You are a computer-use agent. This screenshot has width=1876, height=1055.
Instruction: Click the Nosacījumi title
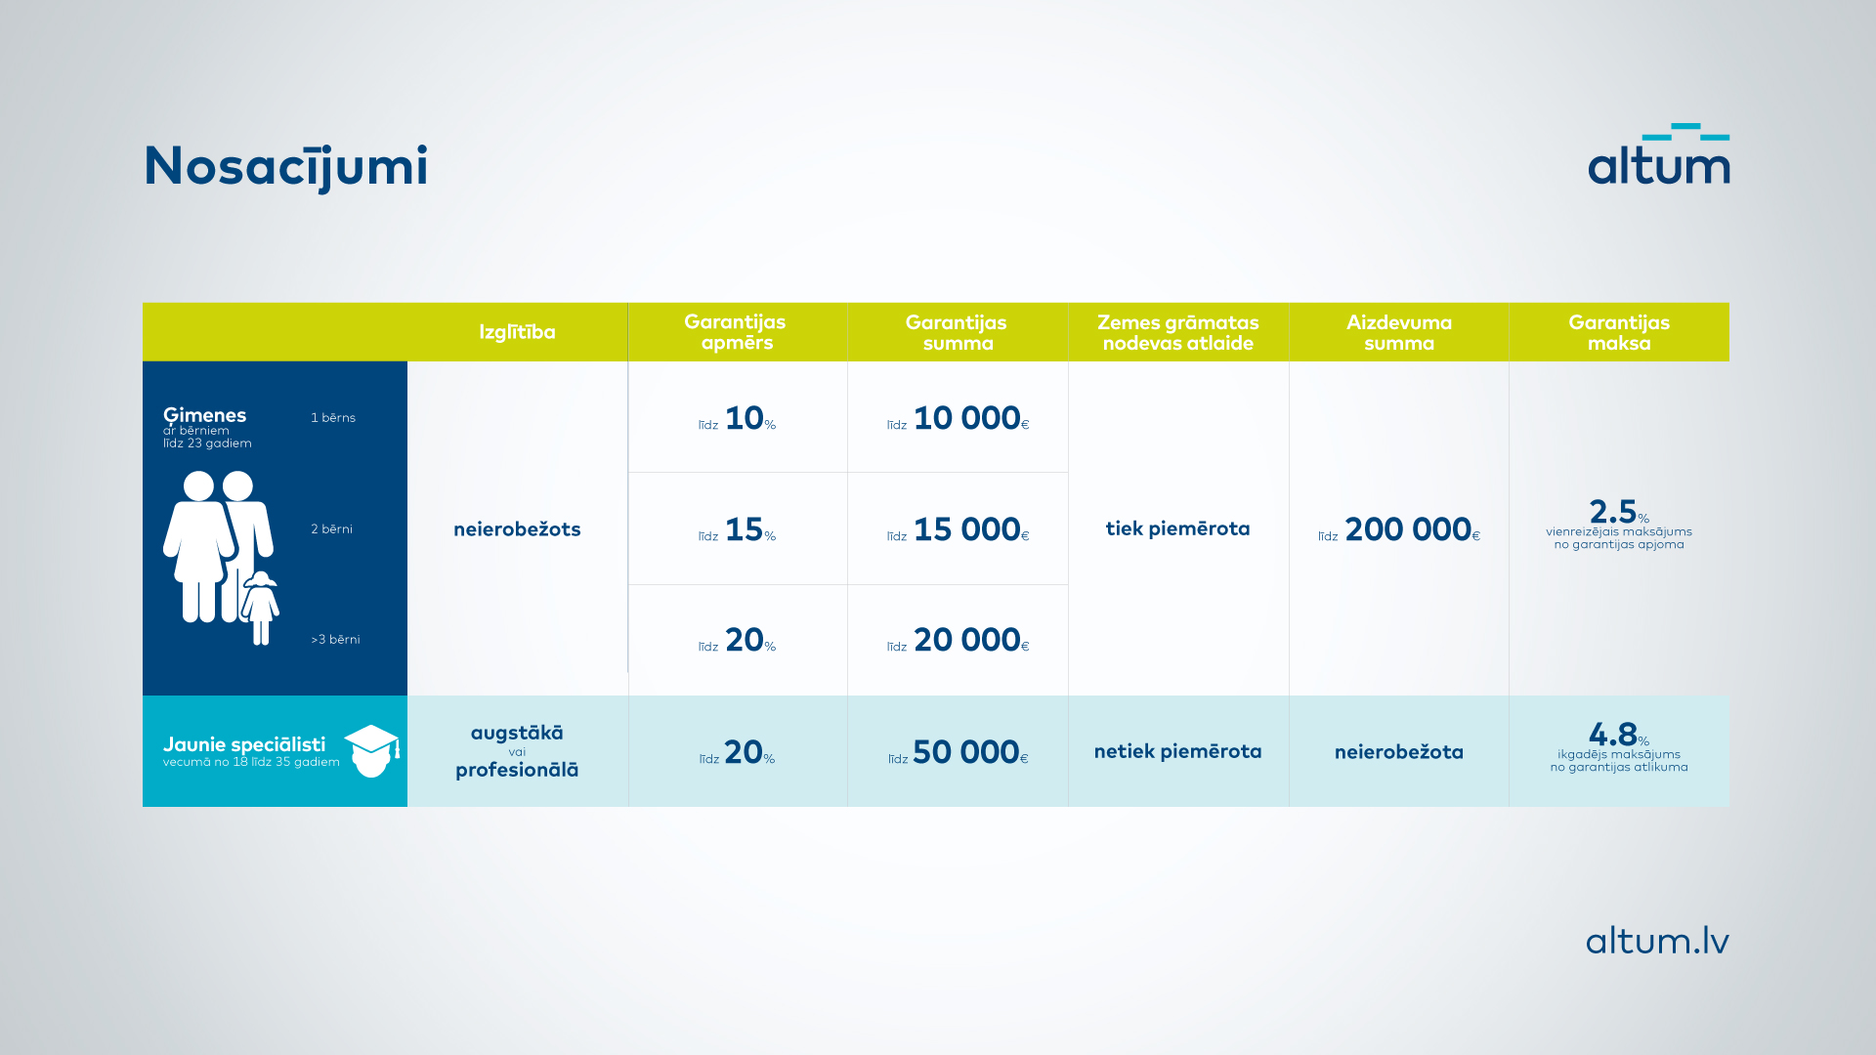[x=285, y=167]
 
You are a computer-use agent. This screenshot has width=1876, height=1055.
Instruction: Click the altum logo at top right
[x=1658, y=154]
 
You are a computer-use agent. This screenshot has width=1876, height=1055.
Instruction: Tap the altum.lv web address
[x=1657, y=941]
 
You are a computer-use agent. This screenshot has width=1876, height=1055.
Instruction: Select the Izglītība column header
[x=517, y=332]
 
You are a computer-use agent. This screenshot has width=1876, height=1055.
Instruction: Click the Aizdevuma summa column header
[x=1399, y=332]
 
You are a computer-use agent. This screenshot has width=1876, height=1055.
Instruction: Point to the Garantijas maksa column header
[x=1619, y=332]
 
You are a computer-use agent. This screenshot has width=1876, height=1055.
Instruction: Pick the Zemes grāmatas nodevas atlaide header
[x=1178, y=332]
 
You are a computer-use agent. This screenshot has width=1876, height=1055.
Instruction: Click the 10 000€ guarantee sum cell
[x=959, y=418]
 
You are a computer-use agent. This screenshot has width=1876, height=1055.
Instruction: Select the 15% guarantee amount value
[x=738, y=529]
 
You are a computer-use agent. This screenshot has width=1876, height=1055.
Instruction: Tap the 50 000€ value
[x=959, y=752]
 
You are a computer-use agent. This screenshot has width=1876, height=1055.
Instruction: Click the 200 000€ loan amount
[x=1399, y=529]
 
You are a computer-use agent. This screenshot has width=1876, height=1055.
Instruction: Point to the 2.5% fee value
[x=1619, y=512]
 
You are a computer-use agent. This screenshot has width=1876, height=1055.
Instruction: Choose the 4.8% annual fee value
[x=1619, y=734]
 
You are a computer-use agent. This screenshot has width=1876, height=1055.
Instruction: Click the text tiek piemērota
[x=1178, y=528]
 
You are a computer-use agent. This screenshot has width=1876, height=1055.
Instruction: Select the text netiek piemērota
[x=1178, y=751]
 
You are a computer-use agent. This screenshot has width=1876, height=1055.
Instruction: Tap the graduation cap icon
[x=372, y=750]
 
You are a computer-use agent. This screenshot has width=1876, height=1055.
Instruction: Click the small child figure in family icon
[x=261, y=608]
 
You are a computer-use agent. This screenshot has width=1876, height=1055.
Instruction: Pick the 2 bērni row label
[x=332, y=529]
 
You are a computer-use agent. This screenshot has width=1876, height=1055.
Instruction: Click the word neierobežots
[x=517, y=529]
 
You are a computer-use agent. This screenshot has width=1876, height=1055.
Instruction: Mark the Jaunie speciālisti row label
[x=244, y=744]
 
